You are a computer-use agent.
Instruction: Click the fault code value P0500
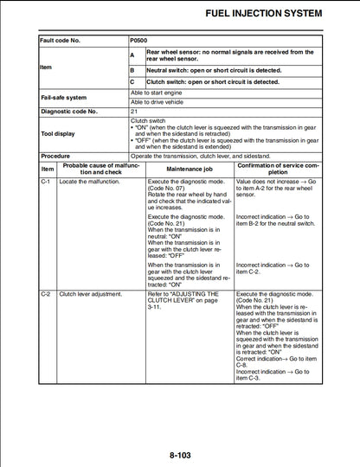click(x=138, y=40)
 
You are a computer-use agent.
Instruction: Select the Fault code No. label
click(x=62, y=40)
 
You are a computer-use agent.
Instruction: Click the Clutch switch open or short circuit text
click(x=213, y=82)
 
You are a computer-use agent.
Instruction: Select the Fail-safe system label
click(x=64, y=97)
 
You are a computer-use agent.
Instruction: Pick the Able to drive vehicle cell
click(x=157, y=102)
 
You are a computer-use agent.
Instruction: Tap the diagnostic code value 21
click(x=134, y=112)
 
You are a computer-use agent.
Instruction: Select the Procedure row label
click(x=55, y=156)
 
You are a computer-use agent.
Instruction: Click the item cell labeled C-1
click(x=47, y=183)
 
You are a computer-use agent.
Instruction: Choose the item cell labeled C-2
click(x=47, y=294)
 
